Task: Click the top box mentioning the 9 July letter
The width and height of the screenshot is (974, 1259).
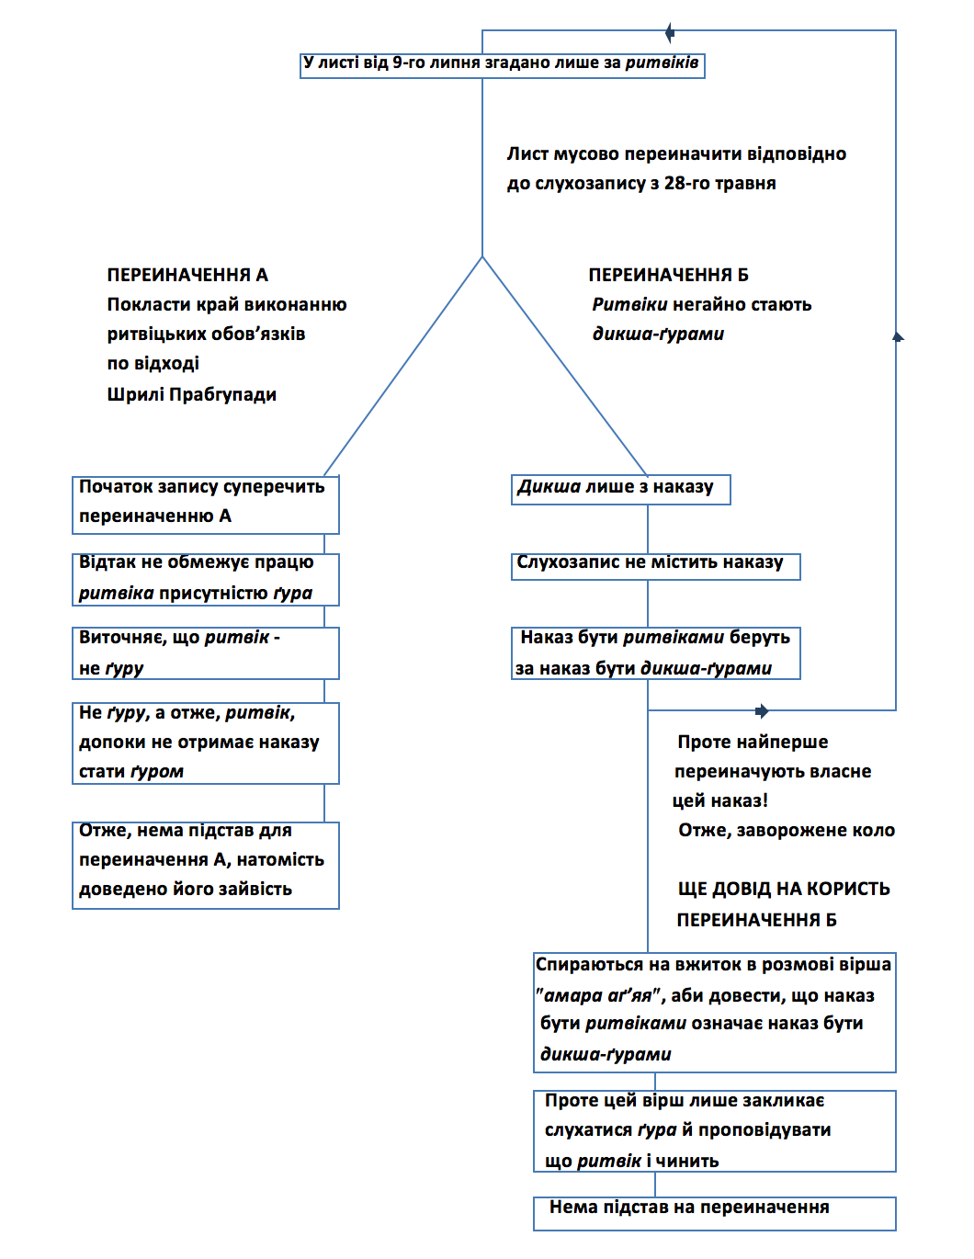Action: [x=502, y=64]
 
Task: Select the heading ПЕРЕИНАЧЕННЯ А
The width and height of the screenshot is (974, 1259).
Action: [x=187, y=275]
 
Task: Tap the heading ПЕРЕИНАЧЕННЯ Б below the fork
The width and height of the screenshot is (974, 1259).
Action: [x=668, y=275]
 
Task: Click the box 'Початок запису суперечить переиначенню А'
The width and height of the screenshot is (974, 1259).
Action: [x=206, y=504]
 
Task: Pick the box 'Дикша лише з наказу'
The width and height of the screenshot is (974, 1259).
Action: [x=620, y=489]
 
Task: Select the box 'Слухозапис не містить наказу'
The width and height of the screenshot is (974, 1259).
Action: [x=655, y=565]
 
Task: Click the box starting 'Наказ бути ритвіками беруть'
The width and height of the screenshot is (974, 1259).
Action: [x=655, y=652]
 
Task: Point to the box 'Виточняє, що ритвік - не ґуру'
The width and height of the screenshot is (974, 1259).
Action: [x=206, y=652]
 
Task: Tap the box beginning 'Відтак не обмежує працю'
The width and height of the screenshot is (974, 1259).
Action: [x=206, y=578]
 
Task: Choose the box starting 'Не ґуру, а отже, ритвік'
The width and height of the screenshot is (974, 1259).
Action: [x=206, y=743]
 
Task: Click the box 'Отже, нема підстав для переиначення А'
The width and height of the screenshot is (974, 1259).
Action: [x=206, y=864]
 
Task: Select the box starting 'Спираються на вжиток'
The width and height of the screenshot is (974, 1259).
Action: [x=714, y=1011]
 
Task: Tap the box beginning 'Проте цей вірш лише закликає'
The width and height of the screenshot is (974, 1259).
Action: [x=714, y=1130]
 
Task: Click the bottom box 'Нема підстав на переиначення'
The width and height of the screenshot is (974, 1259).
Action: [x=714, y=1212]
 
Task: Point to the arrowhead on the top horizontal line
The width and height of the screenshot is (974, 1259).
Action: [x=670, y=33]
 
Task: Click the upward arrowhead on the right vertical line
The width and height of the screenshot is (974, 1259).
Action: [x=898, y=336]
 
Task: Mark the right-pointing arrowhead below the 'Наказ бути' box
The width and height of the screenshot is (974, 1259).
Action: [x=762, y=710]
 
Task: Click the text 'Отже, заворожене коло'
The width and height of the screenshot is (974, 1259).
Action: [x=786, y=831]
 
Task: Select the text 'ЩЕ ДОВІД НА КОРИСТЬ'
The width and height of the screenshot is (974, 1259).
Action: [x=784, y=889]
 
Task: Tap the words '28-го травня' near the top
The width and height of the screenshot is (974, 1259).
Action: [x=719, y=184]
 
